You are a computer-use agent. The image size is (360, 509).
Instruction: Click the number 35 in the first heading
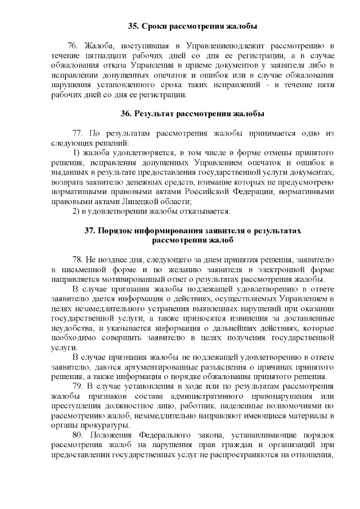(133, 26)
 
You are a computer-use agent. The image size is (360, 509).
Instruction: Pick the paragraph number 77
(78, 133)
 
